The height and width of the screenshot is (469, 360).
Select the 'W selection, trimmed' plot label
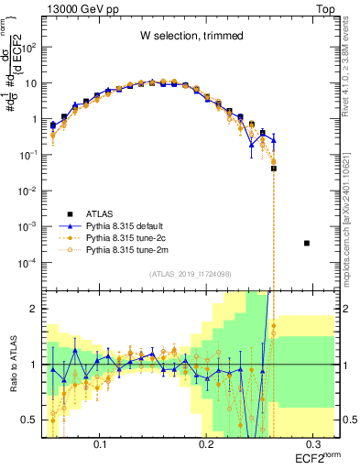pyautogui.click(x=191, y=37)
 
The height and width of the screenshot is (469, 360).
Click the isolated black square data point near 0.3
pyautogui.click(x=307, y=243)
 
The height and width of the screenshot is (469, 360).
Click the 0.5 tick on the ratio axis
pyautogui.click(x=34, y=420)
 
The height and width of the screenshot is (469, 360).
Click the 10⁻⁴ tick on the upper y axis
pyautogui.click(x=31, y=263)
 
